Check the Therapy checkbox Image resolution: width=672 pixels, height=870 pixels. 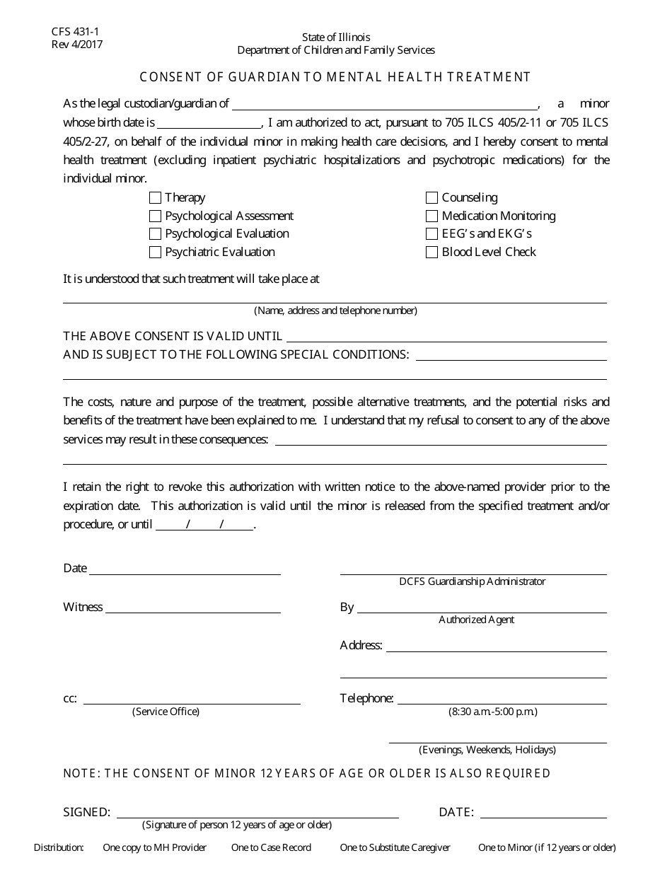(x=156, y=198)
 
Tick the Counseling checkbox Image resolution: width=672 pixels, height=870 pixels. (x=431, y=198)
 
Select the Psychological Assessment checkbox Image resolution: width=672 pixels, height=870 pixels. (x=156, y=216)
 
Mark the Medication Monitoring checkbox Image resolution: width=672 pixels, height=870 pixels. (x=431, y=216)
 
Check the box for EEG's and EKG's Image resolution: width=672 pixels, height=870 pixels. (x=431, y=234)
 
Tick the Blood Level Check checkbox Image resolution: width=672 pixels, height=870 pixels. (x=431, y=253)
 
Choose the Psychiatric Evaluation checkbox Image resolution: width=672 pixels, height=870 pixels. (x=156, y=253)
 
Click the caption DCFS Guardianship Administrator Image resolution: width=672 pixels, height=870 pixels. (x=472, y=581)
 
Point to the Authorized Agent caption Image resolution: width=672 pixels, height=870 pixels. (x=476, y=620)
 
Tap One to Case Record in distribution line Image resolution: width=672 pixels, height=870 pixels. (x=271, y=847)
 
